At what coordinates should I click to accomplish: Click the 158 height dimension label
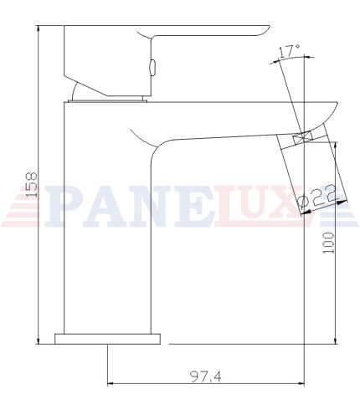tap(31, 185)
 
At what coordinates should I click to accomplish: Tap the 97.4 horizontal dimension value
tap(206, 377)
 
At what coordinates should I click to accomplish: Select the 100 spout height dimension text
tap(328, 243)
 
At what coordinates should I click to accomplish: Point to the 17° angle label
tap(290, 51)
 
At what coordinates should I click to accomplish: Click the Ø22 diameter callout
tap(316, 197)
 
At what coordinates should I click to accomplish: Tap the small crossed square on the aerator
tap(302, 138)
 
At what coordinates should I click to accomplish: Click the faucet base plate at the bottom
tap(107, 339)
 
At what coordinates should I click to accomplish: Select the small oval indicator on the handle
tap(152, 67)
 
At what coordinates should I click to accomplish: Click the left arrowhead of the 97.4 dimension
tap(111, 384)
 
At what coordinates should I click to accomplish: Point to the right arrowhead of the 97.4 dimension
tap(301, 384)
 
